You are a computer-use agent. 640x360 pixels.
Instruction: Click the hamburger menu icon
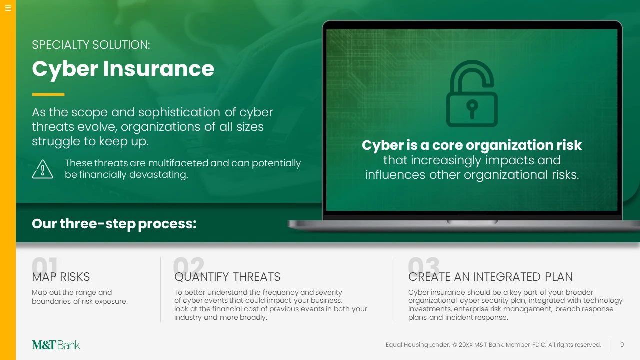[8, 8]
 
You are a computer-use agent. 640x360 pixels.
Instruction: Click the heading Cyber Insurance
[123, 69]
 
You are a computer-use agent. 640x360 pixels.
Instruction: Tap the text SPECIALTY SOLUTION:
[91, 45]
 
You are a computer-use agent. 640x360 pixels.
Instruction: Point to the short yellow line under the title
[48, 94]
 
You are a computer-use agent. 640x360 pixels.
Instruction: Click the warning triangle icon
[42, 169]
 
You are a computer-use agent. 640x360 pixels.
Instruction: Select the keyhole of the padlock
[472, 109]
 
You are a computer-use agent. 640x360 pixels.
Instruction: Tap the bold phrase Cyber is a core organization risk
[472, 145]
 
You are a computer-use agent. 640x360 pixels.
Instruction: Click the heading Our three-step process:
[114, 223]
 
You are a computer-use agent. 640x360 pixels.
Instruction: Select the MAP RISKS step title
[61, 277]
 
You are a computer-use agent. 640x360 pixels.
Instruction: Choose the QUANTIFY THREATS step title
[227, 277]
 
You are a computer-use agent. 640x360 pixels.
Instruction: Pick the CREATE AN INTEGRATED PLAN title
[490, 277]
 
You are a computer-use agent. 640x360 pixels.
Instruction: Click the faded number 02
[189, 265]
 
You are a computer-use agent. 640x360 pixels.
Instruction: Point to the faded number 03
[424, 265]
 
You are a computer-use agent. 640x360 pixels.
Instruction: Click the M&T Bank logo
[56, 345]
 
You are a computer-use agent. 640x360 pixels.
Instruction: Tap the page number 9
[622, 345]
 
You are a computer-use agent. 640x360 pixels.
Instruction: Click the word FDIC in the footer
[539, 345]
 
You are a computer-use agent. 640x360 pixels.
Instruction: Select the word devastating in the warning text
[158, 174]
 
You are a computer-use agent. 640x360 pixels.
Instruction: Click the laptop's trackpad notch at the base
[472, 222]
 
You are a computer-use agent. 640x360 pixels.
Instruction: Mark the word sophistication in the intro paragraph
[179, 112]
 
